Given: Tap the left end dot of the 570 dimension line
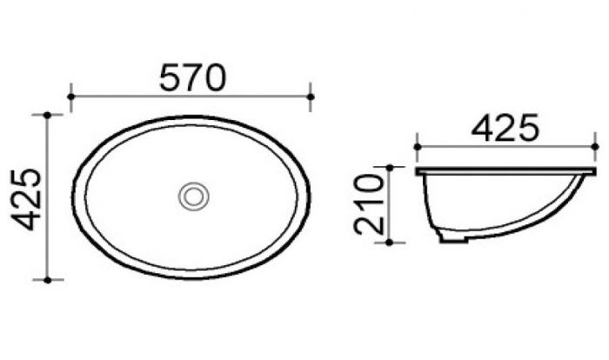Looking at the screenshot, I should [70, 97].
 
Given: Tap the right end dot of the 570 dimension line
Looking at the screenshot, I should [311, 97].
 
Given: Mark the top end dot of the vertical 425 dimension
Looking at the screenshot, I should [47, 114].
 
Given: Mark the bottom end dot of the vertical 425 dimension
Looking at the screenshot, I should [47, 280].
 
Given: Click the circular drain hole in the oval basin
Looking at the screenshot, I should [192, 196].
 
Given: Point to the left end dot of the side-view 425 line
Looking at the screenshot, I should [418, 146].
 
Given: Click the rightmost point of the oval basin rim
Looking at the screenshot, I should [311, 197].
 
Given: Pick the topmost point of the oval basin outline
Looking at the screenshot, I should [192, 114].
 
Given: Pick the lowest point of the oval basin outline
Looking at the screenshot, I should [192, 279].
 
